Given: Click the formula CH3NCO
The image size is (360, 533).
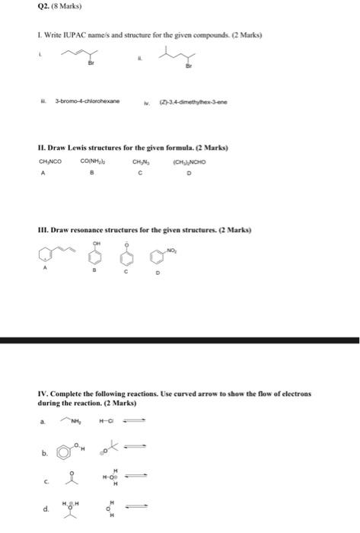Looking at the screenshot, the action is coord(50,161).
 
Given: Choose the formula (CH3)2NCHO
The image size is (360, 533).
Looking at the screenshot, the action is coord(189,161).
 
